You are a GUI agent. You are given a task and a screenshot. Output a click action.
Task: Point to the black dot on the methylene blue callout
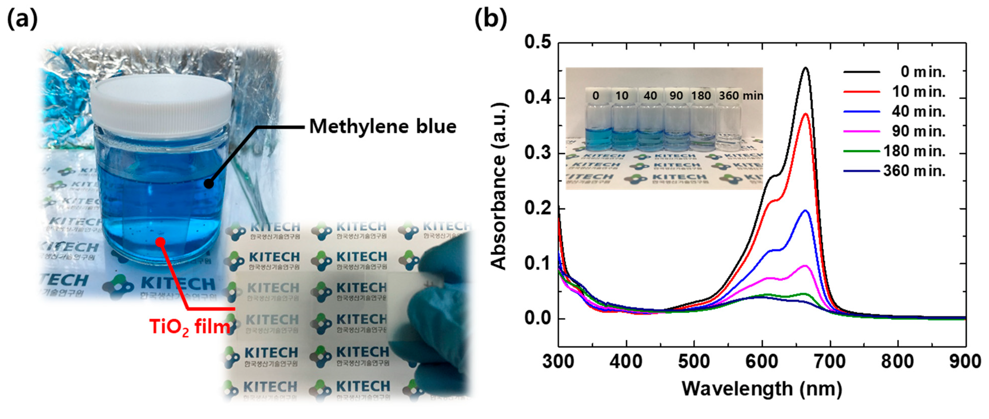[208, 184]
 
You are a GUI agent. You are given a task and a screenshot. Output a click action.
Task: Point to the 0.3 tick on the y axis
[537, 153]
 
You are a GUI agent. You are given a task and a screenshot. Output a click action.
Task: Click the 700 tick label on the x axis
[830, 362]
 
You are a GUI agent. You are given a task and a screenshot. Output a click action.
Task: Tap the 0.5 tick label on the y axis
[537, 42]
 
